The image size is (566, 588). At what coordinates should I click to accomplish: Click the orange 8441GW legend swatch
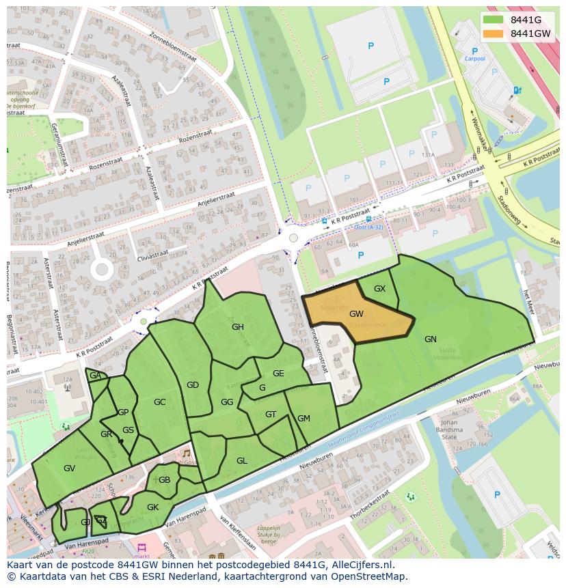pyautogui.click(x=494, y=33)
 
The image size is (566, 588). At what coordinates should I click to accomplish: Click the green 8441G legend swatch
pyautogui.click(x=494, y=19)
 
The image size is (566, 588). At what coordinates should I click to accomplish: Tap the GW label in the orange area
pyautogui.click(x=356, y=314)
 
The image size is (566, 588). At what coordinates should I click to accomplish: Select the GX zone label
pyautogui.click(x=379, y=289)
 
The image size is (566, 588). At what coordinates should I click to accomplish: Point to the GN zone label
pyautogui.click(x=430, y=339)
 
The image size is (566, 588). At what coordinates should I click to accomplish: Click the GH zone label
pyautogui.click(x=237, y=327)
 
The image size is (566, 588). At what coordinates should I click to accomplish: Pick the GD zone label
pyautogui.click(x=193, y=385)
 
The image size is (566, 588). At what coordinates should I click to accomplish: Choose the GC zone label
pyautogui.click(x=159, y=402)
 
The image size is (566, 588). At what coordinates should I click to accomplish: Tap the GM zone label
pyautogui.click(x=304, y=419)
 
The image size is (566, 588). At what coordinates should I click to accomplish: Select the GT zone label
pyautogui.click(x=271, y=415)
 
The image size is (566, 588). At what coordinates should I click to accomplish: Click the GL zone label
pyautogui.click(x=241, y=461)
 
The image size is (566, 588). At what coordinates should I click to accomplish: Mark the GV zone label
pyautogui.click(x=69, y=468)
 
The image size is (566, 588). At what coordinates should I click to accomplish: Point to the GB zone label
pyautogui.click(x=164, y=480)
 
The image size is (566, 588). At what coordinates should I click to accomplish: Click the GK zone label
pyautogui.click(x=152, y=507)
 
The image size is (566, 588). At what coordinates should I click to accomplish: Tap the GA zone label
pyautogui.click(x=95, y=376)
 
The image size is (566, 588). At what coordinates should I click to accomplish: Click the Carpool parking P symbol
pyautogui.click(x=474, y=51)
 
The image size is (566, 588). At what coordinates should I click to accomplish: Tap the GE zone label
pyautogui.click(x=278, y=374)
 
